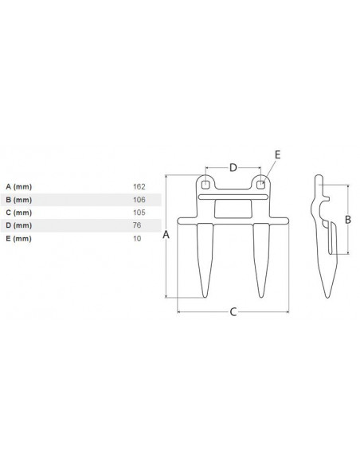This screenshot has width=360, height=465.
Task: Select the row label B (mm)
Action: (17, 199)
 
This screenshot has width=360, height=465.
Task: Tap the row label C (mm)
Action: (17, 213)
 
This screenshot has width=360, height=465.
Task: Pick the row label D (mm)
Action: (17, 226)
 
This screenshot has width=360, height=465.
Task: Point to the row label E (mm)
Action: (17, 239)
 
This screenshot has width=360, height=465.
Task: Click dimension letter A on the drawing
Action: (165, 235)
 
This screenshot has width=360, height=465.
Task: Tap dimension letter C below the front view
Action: (232, 312)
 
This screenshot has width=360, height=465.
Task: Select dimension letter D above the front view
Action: (233, 167)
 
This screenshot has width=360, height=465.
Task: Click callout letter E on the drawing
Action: (276, 154)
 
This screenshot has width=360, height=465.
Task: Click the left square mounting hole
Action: (205, 184)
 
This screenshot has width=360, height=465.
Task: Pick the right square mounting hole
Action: (260, 184)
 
